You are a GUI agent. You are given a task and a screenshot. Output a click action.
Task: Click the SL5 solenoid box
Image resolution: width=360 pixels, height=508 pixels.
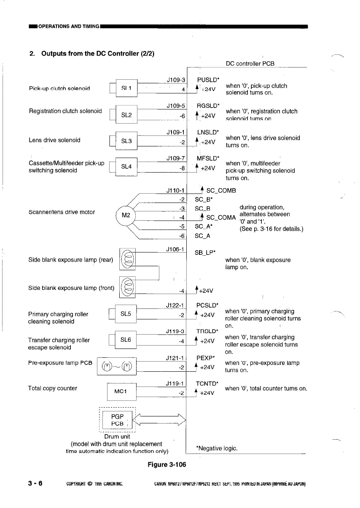126,314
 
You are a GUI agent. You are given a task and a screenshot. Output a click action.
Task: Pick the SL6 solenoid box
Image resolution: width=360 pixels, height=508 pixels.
126,340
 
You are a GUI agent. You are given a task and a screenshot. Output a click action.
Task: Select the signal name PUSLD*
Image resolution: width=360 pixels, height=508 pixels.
207,79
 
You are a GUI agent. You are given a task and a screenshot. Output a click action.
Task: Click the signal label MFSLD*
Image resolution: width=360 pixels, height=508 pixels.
207,159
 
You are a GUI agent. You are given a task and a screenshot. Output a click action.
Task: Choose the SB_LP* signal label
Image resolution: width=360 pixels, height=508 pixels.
206,253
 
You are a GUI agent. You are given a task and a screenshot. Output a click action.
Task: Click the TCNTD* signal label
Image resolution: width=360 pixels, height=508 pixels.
207,384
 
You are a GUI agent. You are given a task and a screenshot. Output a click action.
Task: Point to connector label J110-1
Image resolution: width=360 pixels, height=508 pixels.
176,190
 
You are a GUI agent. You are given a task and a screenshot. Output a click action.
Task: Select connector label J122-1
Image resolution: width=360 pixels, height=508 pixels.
176,305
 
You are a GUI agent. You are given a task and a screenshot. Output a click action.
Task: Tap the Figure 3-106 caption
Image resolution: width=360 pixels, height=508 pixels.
167,465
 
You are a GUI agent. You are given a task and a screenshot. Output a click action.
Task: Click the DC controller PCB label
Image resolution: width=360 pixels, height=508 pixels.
250,63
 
